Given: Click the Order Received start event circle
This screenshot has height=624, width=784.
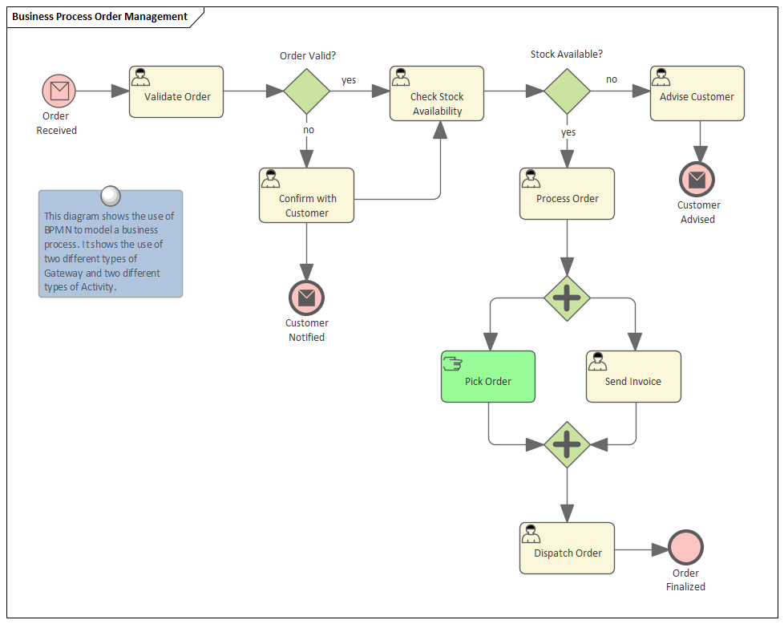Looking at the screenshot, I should click(x=59, y=91).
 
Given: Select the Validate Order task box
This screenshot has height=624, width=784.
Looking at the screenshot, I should click(x=176, y=92).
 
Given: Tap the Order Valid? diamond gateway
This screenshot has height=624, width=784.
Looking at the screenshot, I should click(x=306, y=91).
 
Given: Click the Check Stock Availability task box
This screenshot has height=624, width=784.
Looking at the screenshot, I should click(x=437, y=94).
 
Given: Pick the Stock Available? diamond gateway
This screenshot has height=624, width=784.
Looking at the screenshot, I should click(x=567, y=91).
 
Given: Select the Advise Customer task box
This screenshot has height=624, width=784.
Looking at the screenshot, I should click(x=697, y=94).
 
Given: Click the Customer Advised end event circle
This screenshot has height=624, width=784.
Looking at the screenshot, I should click(x=697, y=179).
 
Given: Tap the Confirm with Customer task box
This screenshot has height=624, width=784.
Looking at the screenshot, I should click(x=306, y=196).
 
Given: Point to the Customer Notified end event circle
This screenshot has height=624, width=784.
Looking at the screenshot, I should click(x=306, y=298).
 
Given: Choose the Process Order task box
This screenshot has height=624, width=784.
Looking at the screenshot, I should click(x=567, y=194).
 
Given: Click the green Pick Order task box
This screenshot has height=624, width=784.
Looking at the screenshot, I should click(x=487, y=376).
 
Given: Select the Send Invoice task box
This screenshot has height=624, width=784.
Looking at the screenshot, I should click(x=633, y=376).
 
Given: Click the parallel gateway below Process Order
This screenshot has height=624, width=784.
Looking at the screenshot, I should click(x=567, y=298).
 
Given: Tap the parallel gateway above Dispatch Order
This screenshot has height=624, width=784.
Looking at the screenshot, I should click(x=567, y=444).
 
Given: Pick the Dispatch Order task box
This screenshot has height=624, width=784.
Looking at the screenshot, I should click(x=567, y=549).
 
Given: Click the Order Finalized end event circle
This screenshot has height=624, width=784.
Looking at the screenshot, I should click(x=685, y=549).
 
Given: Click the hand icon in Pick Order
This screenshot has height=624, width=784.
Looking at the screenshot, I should click(x=452, y=363).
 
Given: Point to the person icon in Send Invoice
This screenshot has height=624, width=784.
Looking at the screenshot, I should click(x=597, y=362).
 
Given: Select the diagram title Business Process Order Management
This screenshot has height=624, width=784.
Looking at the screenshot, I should click(x=100, y=17).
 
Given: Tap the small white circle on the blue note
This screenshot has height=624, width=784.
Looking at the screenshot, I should click(x=111, y=195).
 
